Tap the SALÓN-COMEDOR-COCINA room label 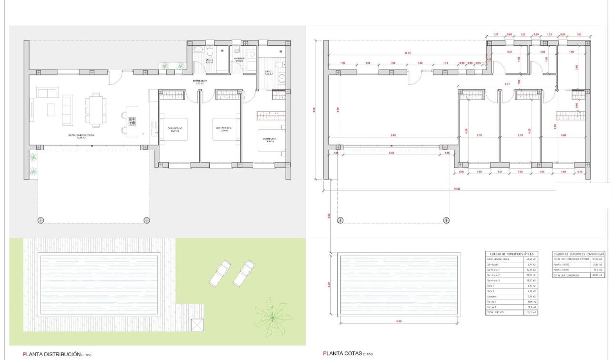81,135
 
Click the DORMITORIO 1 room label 272,140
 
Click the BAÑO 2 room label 208,61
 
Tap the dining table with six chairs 96,111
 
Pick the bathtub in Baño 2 199,50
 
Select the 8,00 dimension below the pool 399,321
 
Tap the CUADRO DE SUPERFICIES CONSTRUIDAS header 579,254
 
